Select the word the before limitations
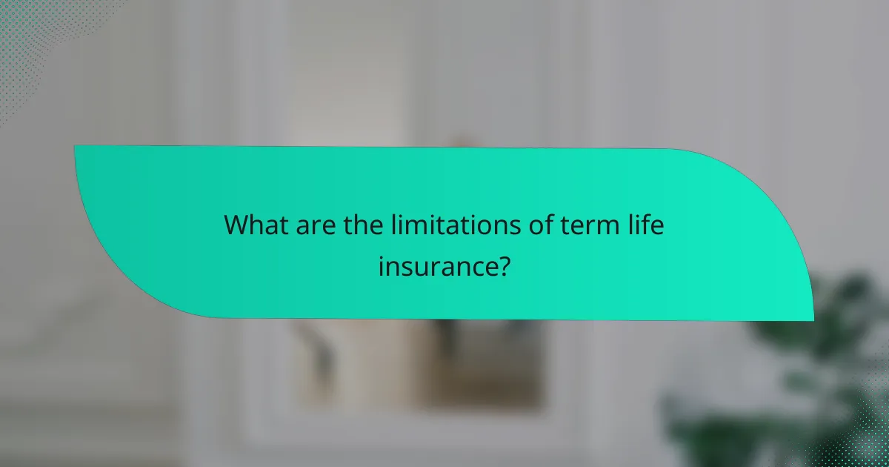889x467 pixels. click(363, 225)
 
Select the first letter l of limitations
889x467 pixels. click(395, 225)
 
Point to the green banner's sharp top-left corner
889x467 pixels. click(75, 146)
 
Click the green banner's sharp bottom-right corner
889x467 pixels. click(813, 320)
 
